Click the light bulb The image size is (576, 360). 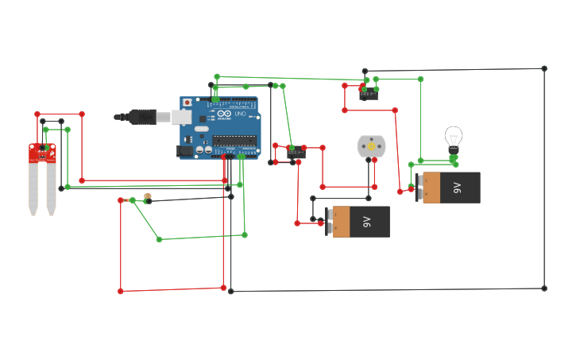(454, 137)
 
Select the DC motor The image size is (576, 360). (371, 146)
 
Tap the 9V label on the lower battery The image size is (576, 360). (366, 222)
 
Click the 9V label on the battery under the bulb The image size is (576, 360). (457, 188)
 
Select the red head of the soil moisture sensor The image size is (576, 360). (42, 153)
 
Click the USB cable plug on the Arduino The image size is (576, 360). (144, 117)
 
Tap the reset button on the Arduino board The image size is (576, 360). (187, 103)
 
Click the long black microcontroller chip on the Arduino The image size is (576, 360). (234, 141)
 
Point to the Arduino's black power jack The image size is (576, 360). (184, 149)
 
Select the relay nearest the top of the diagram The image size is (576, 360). (368, 95)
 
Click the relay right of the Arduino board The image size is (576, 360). (296, 153)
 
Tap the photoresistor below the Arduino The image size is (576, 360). (147, 199)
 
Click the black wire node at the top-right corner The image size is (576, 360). (544, 68)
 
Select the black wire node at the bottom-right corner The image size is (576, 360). (544, 288)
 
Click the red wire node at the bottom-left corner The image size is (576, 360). (121, 292)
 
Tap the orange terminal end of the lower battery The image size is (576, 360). (341, 222)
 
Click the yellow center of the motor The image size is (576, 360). (371, 147)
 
